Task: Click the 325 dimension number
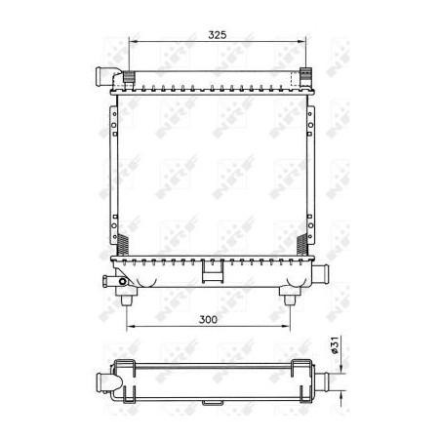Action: click(217, 35)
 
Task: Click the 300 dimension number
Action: click(207, 318)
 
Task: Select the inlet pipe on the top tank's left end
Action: click(104, 75)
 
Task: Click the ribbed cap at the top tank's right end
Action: click(304, 75)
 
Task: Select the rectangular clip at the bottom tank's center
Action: click(210, 276)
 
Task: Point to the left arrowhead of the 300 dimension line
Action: click(131, 326)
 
